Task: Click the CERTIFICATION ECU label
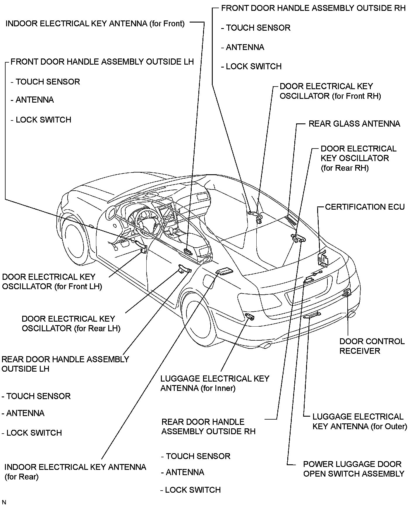pyautogui.click(x=365, y=207)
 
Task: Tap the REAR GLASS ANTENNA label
pyautogui.click(x=354, y=124)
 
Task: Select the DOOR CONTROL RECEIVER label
pyautogui.click(x=372, y=346)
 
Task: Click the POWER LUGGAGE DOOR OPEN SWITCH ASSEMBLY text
pyautogui.click(x=353, y=469)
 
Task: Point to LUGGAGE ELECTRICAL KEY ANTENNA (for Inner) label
pyautogui.click(x=214, y=383)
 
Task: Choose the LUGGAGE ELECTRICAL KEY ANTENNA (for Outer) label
pyautogui.click(x=360, y=421)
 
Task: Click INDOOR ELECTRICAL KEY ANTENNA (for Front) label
pyautogui.click(x=95, y=24)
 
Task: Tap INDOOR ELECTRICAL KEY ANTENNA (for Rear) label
pyautogui.click(x=75, y=472)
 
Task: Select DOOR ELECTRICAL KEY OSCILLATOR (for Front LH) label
pyautogui.click(x=52, y=282)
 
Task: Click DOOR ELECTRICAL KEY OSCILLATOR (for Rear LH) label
pyautogui.click(x=71, y=323)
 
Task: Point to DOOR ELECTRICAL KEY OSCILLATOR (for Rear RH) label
pyautogui.click(x=358, y=158)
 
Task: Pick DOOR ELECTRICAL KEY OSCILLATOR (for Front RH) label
pyautogui.click(x=330, y=91)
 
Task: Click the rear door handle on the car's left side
pyautogui.click(x=184, y=268)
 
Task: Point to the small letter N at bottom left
pyautogui.click(x=4, y=503)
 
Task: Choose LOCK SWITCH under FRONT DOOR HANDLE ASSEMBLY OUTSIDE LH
pyautogui.click(x=43, y=120)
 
